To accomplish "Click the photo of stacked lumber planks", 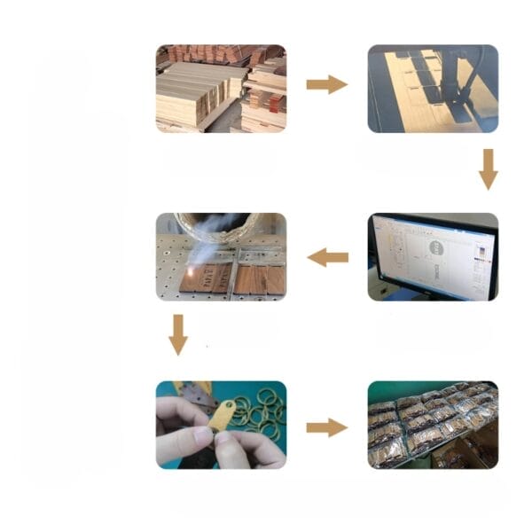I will [x=221, y=88].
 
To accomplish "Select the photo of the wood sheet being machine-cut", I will [x=433, y=88].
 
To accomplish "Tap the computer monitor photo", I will [x=433, y=256].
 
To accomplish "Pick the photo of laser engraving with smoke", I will [x=221, y=256].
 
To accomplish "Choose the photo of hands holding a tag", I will [x=221, y=425].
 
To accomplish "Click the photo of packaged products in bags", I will [x=433, y=425].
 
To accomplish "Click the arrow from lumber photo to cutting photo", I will [x=326, y=84].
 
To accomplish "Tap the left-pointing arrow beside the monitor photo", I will [x=327, y=257].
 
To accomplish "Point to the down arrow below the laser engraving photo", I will [x=178, y=334].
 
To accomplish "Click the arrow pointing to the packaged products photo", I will [x=326, y=427].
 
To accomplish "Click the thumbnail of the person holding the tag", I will [x=221, y=425].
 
